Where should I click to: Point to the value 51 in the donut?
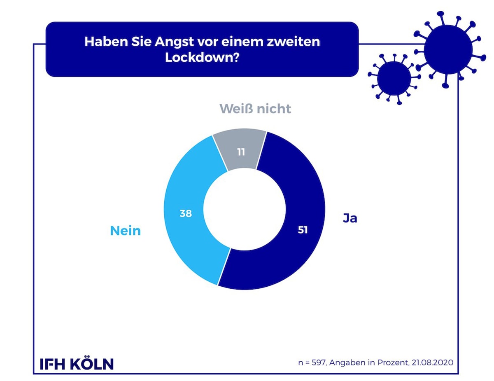point(302,230)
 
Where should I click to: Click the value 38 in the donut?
point(186,213)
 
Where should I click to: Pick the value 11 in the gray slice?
point(241,152)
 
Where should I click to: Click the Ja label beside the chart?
point(350,218)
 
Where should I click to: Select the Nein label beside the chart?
point(125,231)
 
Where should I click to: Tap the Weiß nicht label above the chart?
point(255,109)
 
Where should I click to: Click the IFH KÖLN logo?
point(77,364)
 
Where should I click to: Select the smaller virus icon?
point(394,78)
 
